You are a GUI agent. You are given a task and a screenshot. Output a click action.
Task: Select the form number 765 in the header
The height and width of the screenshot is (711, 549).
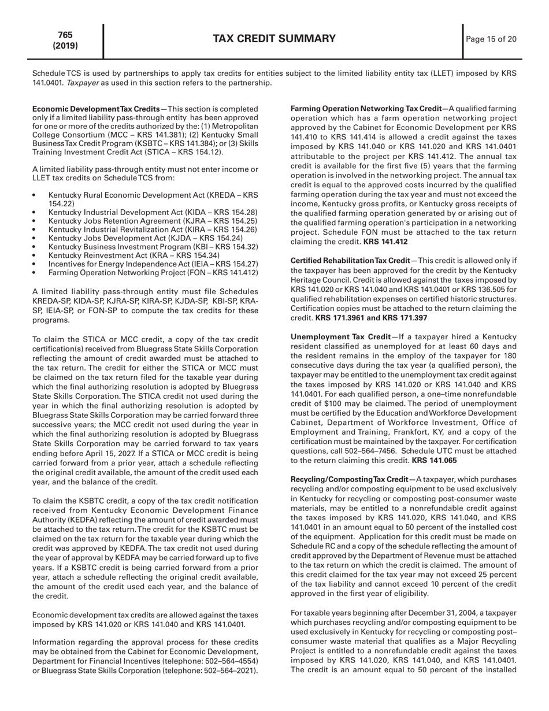click(x=65, y=35)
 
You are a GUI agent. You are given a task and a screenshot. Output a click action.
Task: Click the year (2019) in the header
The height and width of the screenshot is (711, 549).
click(x=65, y=46)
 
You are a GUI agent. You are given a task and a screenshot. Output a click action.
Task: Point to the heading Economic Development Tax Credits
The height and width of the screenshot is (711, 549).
click(x=96, y=109)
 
